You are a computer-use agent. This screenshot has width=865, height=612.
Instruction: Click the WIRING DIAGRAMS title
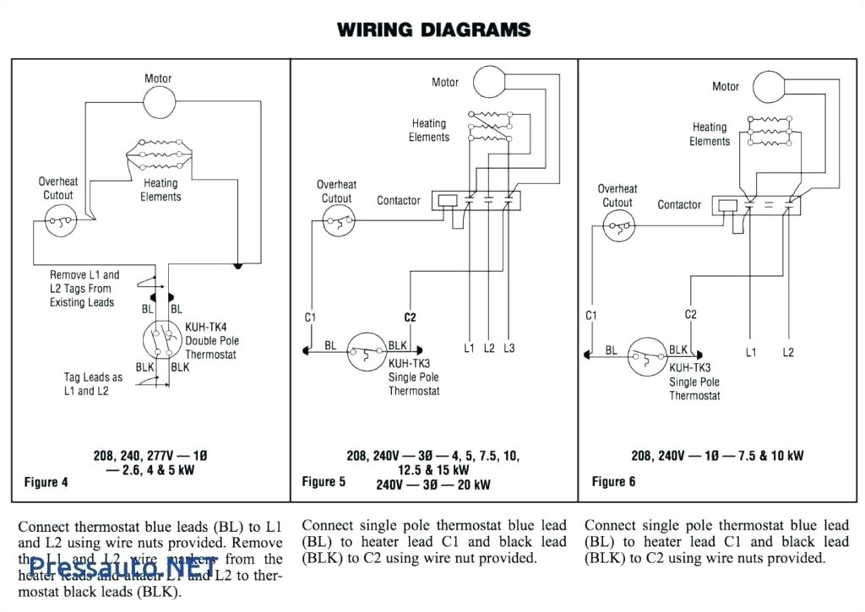[433, 30]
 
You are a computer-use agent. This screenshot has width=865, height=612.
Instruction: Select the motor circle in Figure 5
[487, 82]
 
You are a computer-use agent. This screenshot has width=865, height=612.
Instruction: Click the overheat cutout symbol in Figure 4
[58, 224]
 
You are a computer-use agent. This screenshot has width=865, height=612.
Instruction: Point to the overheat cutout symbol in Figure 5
[337, 225]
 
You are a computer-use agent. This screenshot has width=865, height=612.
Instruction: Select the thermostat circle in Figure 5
[366, 355]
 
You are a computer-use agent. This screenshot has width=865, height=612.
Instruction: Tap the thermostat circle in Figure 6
[647, 357]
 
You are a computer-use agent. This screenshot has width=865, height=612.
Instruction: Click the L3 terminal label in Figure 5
[509, 348]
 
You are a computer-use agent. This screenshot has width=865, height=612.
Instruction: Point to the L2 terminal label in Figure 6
[788, 352]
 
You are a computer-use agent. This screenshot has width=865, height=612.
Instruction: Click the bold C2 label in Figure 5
[410, 317]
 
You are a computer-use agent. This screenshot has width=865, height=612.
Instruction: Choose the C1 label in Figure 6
[591, 316]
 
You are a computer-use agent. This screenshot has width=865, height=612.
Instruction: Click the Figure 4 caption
[46, 482]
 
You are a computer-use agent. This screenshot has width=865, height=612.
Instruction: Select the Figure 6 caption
[613, 481]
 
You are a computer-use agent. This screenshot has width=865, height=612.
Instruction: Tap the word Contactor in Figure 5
[398, 200]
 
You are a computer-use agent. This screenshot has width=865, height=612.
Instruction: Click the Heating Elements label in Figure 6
[710, 134]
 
